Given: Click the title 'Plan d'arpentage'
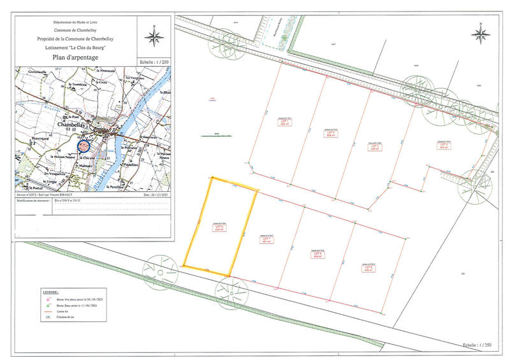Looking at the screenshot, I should point(76,57).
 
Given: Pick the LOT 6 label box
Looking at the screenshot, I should point(319,254).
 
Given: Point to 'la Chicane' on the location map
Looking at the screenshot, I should point(89,157).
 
